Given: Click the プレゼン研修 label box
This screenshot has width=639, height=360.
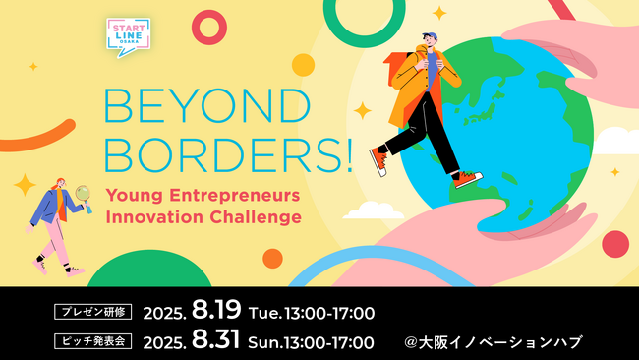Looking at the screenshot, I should pos(91,314).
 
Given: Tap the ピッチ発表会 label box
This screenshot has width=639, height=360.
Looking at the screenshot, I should pos(91,343).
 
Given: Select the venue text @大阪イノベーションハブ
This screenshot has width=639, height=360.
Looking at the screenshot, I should pos(493,343).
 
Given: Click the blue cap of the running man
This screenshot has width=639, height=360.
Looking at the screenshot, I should pos(434,36).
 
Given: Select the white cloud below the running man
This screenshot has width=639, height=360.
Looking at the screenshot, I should pos(374,210).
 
